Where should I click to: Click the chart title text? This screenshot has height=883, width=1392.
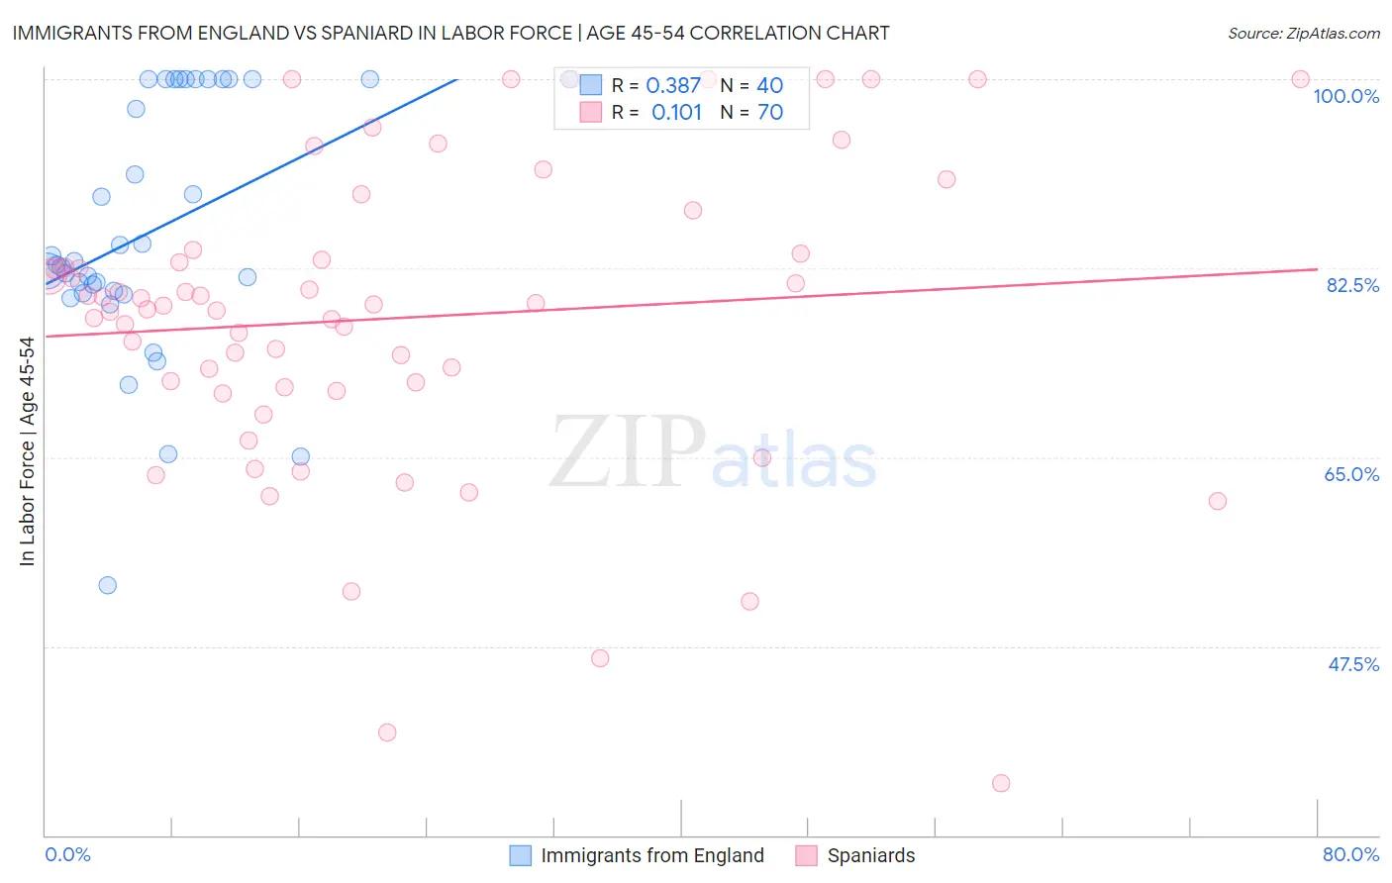coord(450,33)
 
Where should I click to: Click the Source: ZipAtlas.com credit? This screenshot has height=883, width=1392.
coord(1303,33)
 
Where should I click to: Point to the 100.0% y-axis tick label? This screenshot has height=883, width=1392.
coord(1345,96)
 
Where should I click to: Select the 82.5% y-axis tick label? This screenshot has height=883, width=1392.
coord(1352,285)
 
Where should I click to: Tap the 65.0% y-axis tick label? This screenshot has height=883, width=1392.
coord(1351,474)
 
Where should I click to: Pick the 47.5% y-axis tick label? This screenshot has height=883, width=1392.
coord(1352,664)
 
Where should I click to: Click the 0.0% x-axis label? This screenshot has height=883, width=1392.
coord(67,854)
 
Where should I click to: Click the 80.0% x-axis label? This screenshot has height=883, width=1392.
coord(1350,854)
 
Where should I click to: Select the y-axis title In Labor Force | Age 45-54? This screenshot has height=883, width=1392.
coord(27,451)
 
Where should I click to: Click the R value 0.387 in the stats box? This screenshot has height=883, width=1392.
coord(673,86)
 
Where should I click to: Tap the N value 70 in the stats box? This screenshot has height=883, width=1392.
coord(769,113)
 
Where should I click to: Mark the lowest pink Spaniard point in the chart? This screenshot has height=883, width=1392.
coord(1001,783)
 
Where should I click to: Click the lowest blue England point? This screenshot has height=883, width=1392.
coord(108,585)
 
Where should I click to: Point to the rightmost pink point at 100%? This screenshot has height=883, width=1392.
coord(1301,79)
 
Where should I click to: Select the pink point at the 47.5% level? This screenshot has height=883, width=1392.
coord(600,658)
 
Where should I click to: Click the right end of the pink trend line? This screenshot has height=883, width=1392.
coord(1317,268)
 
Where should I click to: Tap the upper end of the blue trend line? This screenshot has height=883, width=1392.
coord(457,79)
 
